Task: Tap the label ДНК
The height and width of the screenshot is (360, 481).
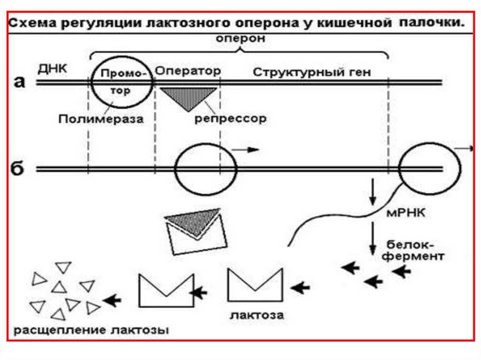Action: tap(53, 68)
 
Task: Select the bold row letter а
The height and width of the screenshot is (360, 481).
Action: tap(19, 82)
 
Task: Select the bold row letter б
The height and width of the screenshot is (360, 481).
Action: tap(18, 169)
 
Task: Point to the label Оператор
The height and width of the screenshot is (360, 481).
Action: tap(187, 71)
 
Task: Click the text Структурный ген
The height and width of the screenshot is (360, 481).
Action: tap(312, 72)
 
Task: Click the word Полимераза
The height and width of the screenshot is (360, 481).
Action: tap(101, 119)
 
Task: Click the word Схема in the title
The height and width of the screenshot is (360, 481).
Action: tap(32, 23)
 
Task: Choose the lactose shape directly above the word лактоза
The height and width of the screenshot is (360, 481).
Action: tap(256, 284)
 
